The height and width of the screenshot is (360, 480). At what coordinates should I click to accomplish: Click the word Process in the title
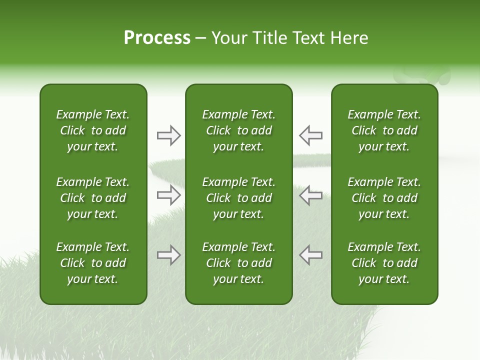(157, 38)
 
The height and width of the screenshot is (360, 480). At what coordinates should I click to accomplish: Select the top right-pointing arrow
(168, 135)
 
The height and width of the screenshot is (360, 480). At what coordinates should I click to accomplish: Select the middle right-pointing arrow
(168, 195)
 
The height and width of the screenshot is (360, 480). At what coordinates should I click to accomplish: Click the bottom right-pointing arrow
(168, 255)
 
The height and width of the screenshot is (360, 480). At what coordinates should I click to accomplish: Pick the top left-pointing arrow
(310, 135)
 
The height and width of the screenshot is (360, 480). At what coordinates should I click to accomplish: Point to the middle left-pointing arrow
(310, 195)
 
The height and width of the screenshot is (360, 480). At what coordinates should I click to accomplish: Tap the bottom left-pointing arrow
(310, 255)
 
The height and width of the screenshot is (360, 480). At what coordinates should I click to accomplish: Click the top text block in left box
(93, 130)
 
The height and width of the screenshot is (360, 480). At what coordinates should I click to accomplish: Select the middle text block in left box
(93, 198)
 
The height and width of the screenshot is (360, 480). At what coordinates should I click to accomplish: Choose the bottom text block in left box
(93, 263)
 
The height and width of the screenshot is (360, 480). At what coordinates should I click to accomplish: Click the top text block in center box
(238, 130)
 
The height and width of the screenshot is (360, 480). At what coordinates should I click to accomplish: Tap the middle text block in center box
(238, 198)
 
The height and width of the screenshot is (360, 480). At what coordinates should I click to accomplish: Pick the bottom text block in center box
(238, 263)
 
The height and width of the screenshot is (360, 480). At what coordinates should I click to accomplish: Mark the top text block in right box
(384, 130)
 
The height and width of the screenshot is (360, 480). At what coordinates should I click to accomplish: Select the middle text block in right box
(384, 198)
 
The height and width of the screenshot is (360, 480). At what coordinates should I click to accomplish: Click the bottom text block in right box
(384, 263)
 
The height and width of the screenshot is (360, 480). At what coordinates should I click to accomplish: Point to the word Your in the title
(228, 38)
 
